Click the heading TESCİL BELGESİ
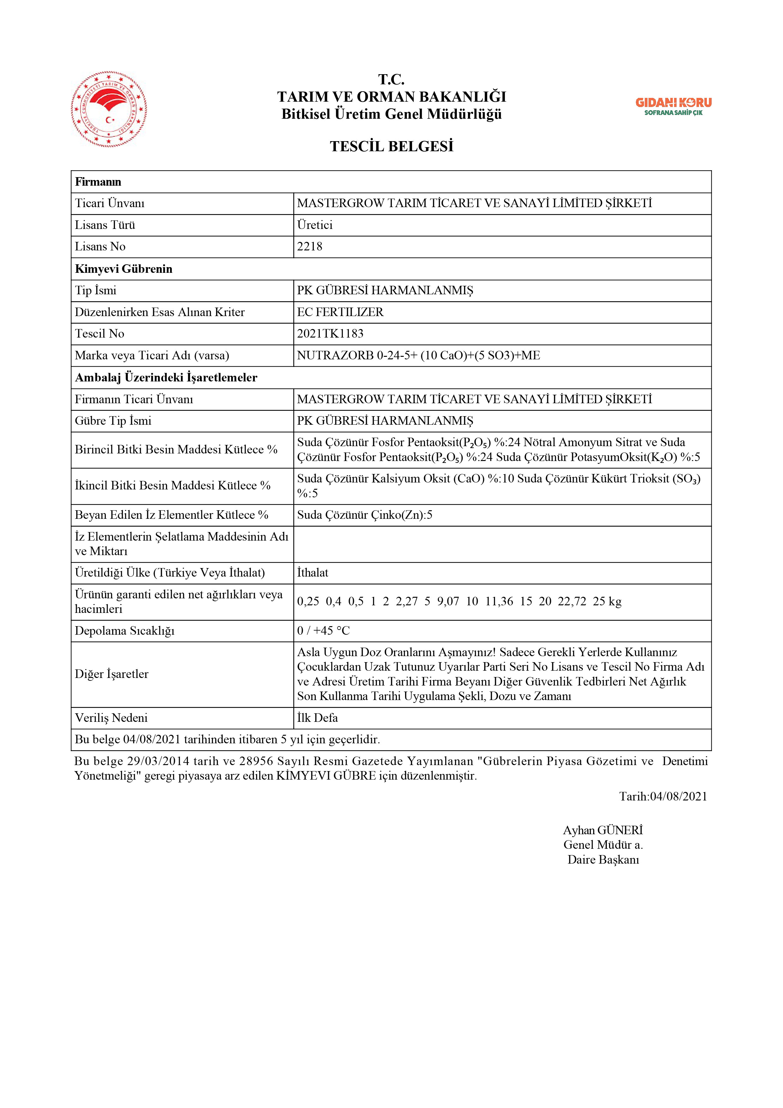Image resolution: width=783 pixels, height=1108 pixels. click(x=391, y=146)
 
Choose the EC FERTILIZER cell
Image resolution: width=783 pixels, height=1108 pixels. click(x=340, y=312)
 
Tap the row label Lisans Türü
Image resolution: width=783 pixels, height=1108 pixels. click(x=105, y=225)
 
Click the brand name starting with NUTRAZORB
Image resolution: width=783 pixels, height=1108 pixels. click(x=418, y=355)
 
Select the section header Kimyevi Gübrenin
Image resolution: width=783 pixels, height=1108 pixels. click(x=123, y=269)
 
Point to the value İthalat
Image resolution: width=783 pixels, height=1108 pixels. click(x=312, y=573)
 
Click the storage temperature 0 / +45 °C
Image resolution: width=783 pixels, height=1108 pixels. click(x=323, y=631)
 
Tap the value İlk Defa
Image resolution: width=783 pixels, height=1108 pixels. click(x=317, y=718)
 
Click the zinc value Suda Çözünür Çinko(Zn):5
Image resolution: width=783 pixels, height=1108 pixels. click(x=364, y=515)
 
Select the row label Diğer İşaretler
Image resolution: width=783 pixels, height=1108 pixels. click(x=111, y=674)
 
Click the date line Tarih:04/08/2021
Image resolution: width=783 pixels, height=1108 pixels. click(x=663, y=796)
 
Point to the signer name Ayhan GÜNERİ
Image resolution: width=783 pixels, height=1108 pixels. click(x=603, y=830)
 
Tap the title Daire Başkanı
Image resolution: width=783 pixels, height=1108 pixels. click(x=603, y=859)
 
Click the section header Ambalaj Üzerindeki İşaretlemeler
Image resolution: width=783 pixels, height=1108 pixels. click(x=166, y=377)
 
